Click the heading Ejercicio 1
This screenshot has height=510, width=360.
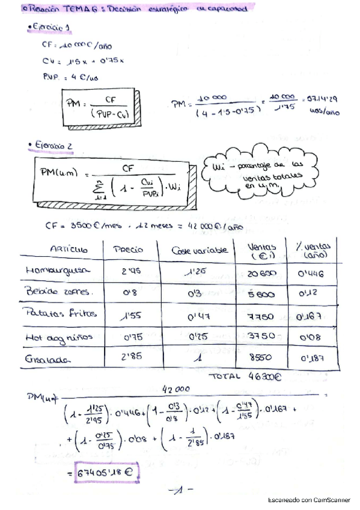tap(53, 28)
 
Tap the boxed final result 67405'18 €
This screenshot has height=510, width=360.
tap(108, 472)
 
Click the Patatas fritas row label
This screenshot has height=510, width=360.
tap(55, 315)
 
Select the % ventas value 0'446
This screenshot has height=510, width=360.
tap(313, 272)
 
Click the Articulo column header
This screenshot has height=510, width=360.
tap(69, 248)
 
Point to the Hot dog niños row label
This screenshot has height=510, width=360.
tap(59, 338)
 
